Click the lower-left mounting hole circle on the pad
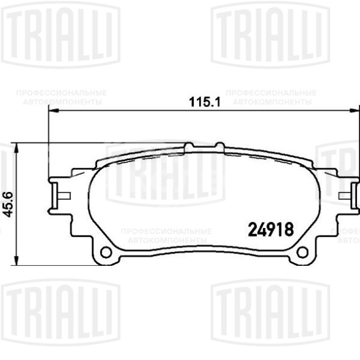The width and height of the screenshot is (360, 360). click(105, 252)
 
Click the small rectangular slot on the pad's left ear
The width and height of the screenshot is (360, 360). click(63, 196)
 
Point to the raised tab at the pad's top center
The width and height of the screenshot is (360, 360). click(204, 146)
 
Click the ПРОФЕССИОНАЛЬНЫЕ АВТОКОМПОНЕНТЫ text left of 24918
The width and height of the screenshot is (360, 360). click(166, 235)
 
